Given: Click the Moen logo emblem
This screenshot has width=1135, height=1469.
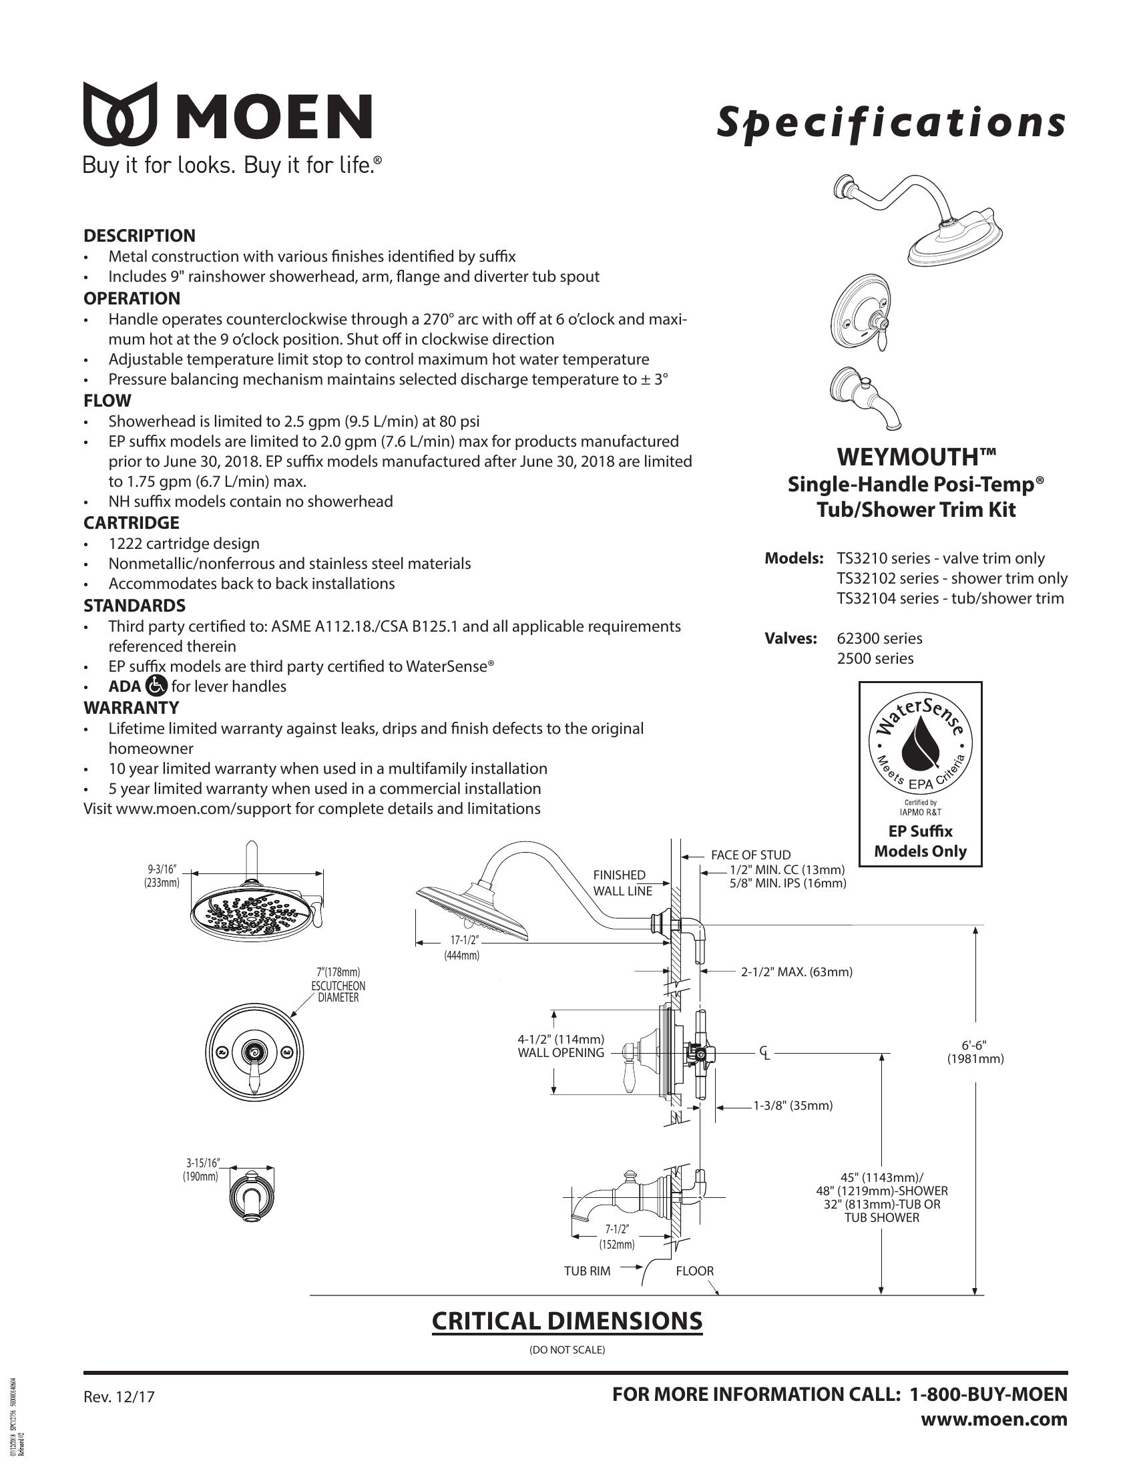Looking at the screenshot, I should tap(120, 114).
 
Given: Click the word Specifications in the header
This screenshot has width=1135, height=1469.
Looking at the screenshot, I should tap(891, 123).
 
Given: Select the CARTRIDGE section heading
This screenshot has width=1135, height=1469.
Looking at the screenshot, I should tap(131, 523).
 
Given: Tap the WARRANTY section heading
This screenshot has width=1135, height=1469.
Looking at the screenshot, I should tap(131, 708).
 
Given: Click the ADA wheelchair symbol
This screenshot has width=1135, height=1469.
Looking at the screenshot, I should tap(156, 686).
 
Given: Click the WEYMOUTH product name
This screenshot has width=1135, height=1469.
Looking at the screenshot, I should tap(916, 457).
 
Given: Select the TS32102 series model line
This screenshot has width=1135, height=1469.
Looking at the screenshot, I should tap(951, 578).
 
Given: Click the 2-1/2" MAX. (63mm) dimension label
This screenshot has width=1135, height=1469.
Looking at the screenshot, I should tap(796, 972).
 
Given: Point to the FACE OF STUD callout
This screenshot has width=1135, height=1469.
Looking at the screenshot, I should tap(750, 855).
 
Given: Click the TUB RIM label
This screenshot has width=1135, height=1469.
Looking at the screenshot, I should tap(587, 1271).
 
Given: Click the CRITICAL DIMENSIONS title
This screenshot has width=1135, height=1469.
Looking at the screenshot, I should tap(567, 1320).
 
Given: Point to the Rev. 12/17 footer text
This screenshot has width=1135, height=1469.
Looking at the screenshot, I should tap(119, 1396).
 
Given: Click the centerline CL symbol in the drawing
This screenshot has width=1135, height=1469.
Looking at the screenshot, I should tap(764, 1052).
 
